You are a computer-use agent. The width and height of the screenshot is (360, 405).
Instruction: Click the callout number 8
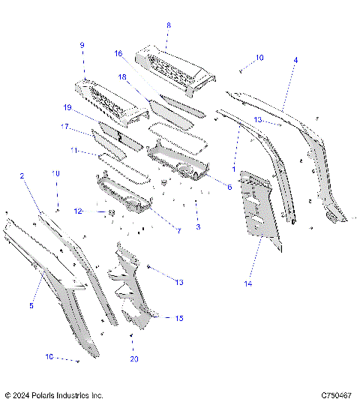click(x=168, y=25)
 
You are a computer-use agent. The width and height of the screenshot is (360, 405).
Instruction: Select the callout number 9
click(x=82, y=45)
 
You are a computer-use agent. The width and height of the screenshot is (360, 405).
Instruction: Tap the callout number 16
click(x=118, y=54)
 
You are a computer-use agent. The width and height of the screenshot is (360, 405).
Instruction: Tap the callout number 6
click(x=229, y=187)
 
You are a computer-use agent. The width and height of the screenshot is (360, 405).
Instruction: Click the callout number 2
click(x=22, y=176)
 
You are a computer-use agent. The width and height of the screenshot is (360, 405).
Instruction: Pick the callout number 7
click(x=179, y=231)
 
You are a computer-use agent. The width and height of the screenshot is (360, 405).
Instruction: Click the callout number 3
click(x=197, y=226)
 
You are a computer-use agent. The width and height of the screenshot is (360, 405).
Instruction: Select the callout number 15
click(x=179, y=319)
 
